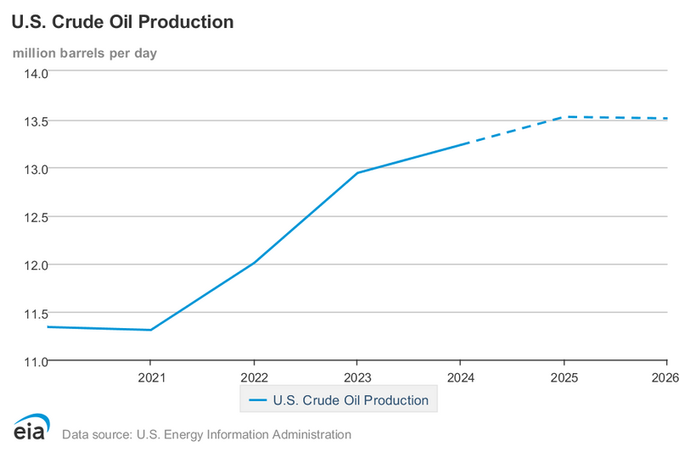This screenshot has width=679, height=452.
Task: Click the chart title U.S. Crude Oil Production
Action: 122,22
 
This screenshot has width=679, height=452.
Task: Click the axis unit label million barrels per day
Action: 84,53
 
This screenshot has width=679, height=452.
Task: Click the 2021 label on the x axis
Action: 151,377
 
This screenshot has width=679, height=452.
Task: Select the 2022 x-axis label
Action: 255,377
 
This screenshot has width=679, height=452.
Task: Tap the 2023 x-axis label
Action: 357,377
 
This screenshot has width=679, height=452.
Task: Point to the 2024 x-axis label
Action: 461,377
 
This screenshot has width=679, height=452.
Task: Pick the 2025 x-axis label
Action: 564,377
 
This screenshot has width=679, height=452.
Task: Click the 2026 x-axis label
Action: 665,377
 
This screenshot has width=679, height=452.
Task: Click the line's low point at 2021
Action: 151,330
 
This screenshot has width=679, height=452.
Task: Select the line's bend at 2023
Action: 357,173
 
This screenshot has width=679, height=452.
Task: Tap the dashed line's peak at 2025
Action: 564,117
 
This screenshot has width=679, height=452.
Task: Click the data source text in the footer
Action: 206,435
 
